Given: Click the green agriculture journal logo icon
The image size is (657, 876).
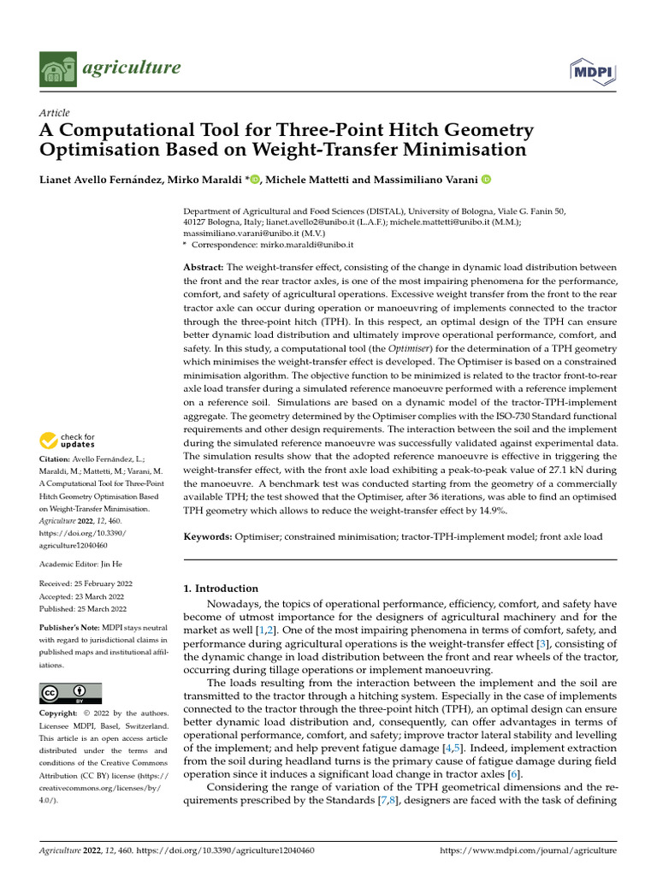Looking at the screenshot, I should click(x=58, y=68).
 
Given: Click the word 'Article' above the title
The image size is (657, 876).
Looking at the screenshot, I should click(x=55, y=113).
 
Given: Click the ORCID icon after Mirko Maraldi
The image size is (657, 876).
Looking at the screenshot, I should click(x=255, y=180).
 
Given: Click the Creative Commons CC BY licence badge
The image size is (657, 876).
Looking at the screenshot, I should click(x=70, y=692).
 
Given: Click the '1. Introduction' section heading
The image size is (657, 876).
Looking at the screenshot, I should click(x=222, y=589).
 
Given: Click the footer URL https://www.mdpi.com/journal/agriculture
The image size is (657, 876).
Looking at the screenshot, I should click(x=527, y=851).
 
